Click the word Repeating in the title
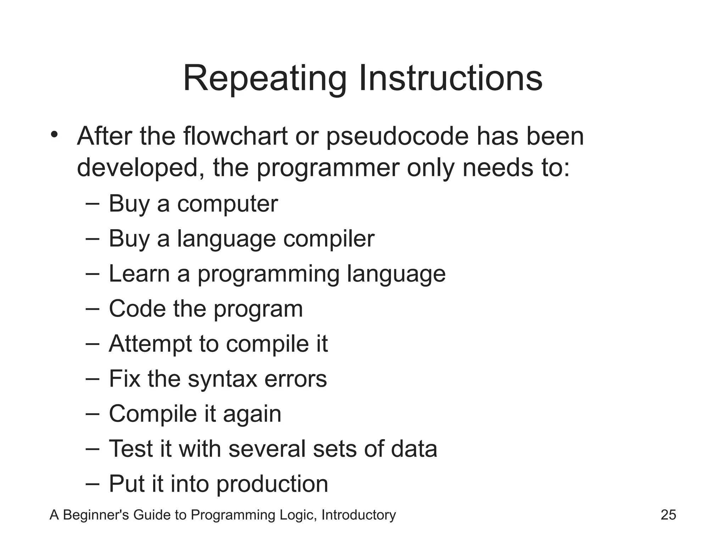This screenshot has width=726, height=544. [264, 79]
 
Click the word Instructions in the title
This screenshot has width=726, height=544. [450, 79]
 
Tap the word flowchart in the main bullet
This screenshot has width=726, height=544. [235, 136]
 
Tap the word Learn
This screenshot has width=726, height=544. [139, 274]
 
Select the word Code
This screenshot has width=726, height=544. [137, 309]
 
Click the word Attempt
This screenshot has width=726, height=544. [150, 344]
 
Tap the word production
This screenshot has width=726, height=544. [272, 484]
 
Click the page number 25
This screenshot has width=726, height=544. [668, 515]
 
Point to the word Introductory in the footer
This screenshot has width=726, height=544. [358, 515]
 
